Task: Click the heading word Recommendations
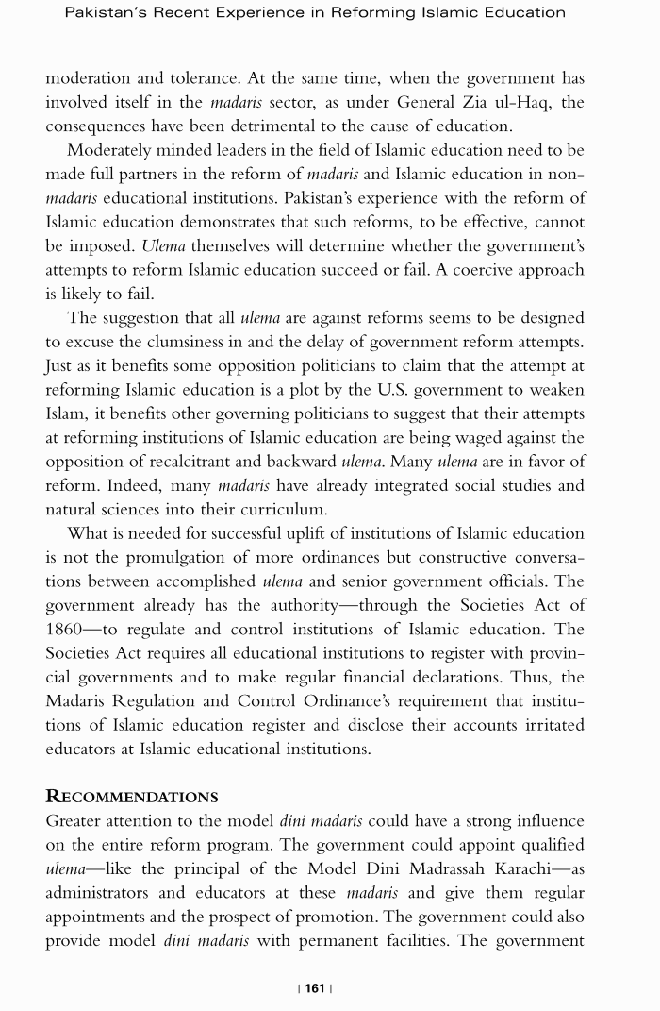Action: [x=132, y=797]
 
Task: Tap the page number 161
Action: [x=315, y=988]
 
